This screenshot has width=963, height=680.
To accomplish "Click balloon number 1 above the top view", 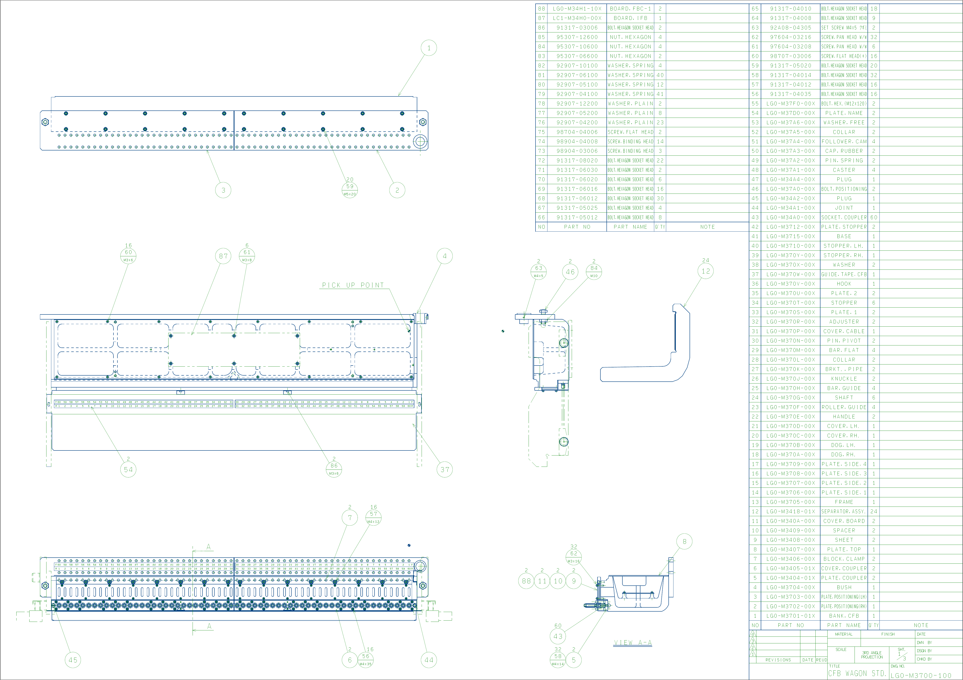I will coord(429,48).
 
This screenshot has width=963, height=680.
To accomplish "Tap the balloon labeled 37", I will coord(445,470).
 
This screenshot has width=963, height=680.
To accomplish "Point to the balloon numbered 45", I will coord(73,660).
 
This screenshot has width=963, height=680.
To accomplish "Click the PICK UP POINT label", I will coord(353,285).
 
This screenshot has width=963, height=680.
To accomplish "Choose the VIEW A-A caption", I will coord(633,643).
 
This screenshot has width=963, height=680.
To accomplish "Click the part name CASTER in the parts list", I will coord(844,170).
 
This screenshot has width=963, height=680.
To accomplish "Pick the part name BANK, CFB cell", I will coord(844,616).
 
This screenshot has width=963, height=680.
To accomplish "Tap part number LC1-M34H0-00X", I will coord(577,18).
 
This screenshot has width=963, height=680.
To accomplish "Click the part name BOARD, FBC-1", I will coord(630,8).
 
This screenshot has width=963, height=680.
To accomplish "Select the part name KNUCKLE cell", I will coord(844,378).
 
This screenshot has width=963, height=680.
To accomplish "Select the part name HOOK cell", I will coord(844,284).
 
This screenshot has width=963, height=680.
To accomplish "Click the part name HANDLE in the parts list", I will coord(844,417).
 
